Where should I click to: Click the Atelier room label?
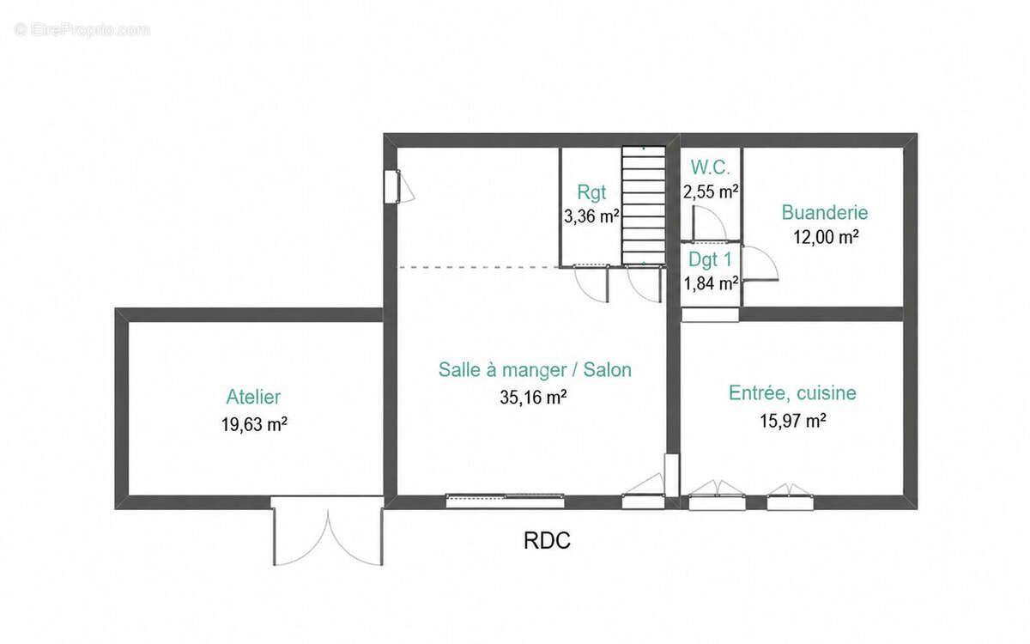253,397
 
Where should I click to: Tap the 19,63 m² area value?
254,424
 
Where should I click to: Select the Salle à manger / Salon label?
535,370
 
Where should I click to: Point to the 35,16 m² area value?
533,398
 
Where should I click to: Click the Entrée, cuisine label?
792,393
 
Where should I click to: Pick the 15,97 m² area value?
792,421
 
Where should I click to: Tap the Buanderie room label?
825,213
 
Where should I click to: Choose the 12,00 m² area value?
826,237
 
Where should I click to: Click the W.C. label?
710,167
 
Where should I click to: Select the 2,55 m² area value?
711,191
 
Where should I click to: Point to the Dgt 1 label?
710,260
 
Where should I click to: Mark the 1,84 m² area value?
711,284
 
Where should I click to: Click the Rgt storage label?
591,192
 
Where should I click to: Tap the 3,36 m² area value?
591,216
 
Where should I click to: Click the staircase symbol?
643,205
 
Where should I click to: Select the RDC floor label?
547,540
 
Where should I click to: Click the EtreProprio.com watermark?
82,30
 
